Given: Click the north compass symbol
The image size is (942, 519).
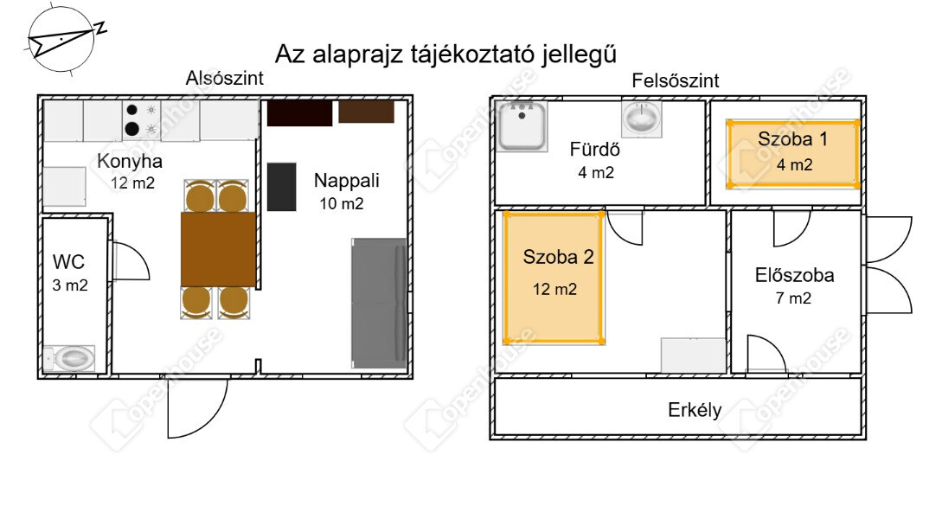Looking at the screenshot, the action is click(x=62, y=41).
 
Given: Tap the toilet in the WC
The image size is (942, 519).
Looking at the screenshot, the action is click(x=70, y=359).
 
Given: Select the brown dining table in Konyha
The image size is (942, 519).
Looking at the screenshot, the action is click(x=219, y=249).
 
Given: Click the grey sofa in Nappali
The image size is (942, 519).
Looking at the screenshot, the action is click(x=379, y=304).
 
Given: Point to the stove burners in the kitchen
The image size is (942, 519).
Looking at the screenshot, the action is click(x=141, y=119).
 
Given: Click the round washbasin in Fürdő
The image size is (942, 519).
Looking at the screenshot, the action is click(x=642, y=118).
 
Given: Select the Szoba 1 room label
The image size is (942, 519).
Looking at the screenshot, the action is click(x=792, y=138).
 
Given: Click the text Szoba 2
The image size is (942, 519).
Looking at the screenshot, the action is click(x=558, y=257).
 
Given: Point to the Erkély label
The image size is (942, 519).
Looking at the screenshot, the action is click(x=695, y=410).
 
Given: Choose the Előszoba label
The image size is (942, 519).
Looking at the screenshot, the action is click(x=794, y=275).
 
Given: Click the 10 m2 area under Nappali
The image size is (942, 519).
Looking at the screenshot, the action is click(x=341, y=203).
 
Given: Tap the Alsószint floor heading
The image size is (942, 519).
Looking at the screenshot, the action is click(x=224, y=78).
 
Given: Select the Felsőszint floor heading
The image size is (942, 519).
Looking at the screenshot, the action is click(x=676, y=80).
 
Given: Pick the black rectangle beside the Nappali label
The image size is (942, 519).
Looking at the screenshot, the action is click(x=281, y=187).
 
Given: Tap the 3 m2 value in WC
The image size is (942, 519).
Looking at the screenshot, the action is click(x=70, y=285).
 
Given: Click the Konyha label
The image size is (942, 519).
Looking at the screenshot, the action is click(x=130, y=161).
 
